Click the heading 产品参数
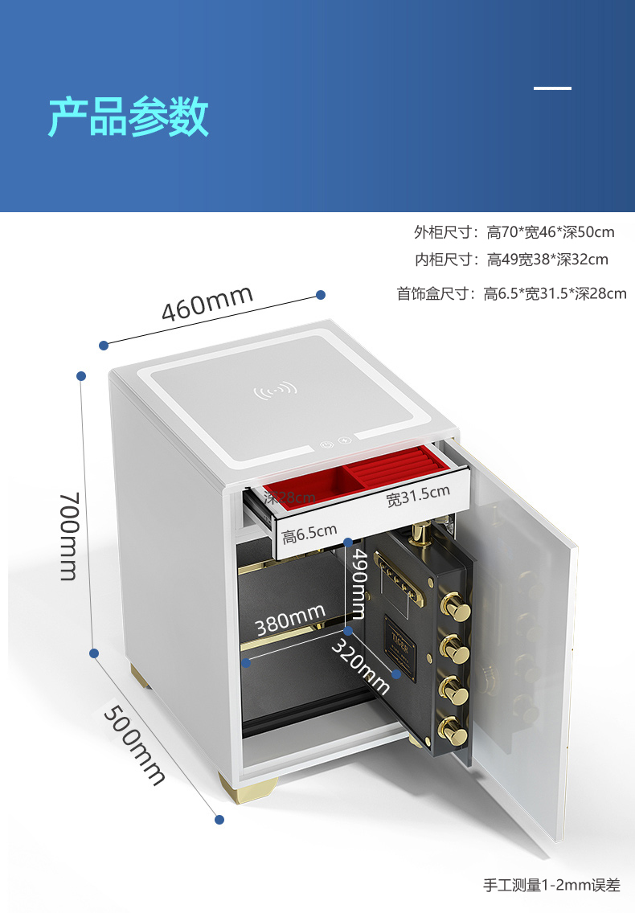coord(129,117)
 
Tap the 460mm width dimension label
coord(207,302)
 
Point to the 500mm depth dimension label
coord(134,743)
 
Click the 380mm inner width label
coord(290,619)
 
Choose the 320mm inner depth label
coord(361,666)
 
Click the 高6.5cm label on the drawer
coord(309,533)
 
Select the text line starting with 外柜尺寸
coord(514,232)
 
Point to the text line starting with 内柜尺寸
coord(511,259)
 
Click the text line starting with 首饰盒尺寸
coord(511,293)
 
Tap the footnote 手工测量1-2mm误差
coord(551,885)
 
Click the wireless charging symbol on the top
coord(275,392)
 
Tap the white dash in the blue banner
coord(553,88)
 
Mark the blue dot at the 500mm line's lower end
coord(219,819)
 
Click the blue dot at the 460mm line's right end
coord(320,295)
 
